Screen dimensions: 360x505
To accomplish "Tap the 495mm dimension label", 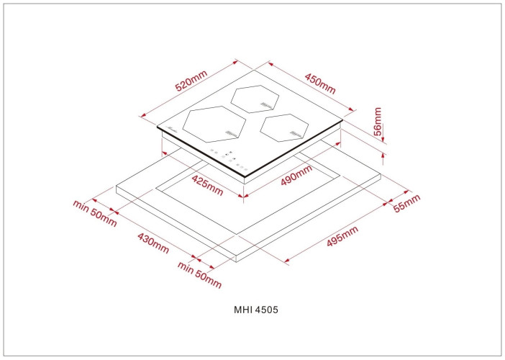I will point(342,237).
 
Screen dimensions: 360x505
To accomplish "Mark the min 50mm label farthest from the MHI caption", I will point(94,211).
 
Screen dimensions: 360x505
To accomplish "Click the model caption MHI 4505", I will point(252,310).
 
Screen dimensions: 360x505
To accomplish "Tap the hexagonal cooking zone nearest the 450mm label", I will point(256,99).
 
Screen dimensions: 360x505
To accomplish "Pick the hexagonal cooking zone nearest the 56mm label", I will point(285,127).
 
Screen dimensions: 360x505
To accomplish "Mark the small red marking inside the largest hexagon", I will point(231,132).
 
